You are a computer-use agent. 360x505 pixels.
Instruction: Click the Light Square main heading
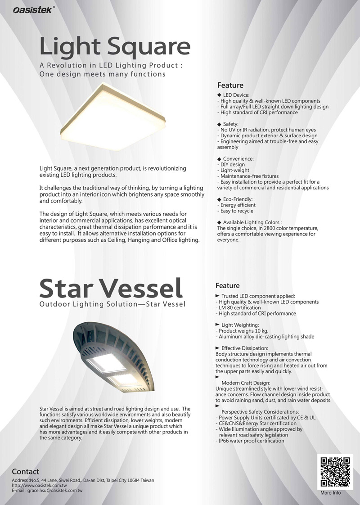[x=115, y=46]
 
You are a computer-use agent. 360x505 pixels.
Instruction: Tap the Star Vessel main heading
[x=111, y=288]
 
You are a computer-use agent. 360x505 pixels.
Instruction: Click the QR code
[x=335, y=471]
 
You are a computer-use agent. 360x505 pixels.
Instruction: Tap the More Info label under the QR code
[x=330, y=493]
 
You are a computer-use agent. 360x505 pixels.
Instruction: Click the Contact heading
[x=25, y=472]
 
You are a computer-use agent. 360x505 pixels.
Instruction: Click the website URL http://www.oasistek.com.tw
[x=40, y=485]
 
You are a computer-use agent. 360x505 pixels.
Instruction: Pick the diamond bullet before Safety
[x=219, y=124]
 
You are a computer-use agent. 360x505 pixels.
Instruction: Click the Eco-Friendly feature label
[x=238, y=199]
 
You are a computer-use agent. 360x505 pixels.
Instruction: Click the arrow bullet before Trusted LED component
[x=218, y=295]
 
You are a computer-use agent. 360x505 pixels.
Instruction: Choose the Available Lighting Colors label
[x=252, y=222]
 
